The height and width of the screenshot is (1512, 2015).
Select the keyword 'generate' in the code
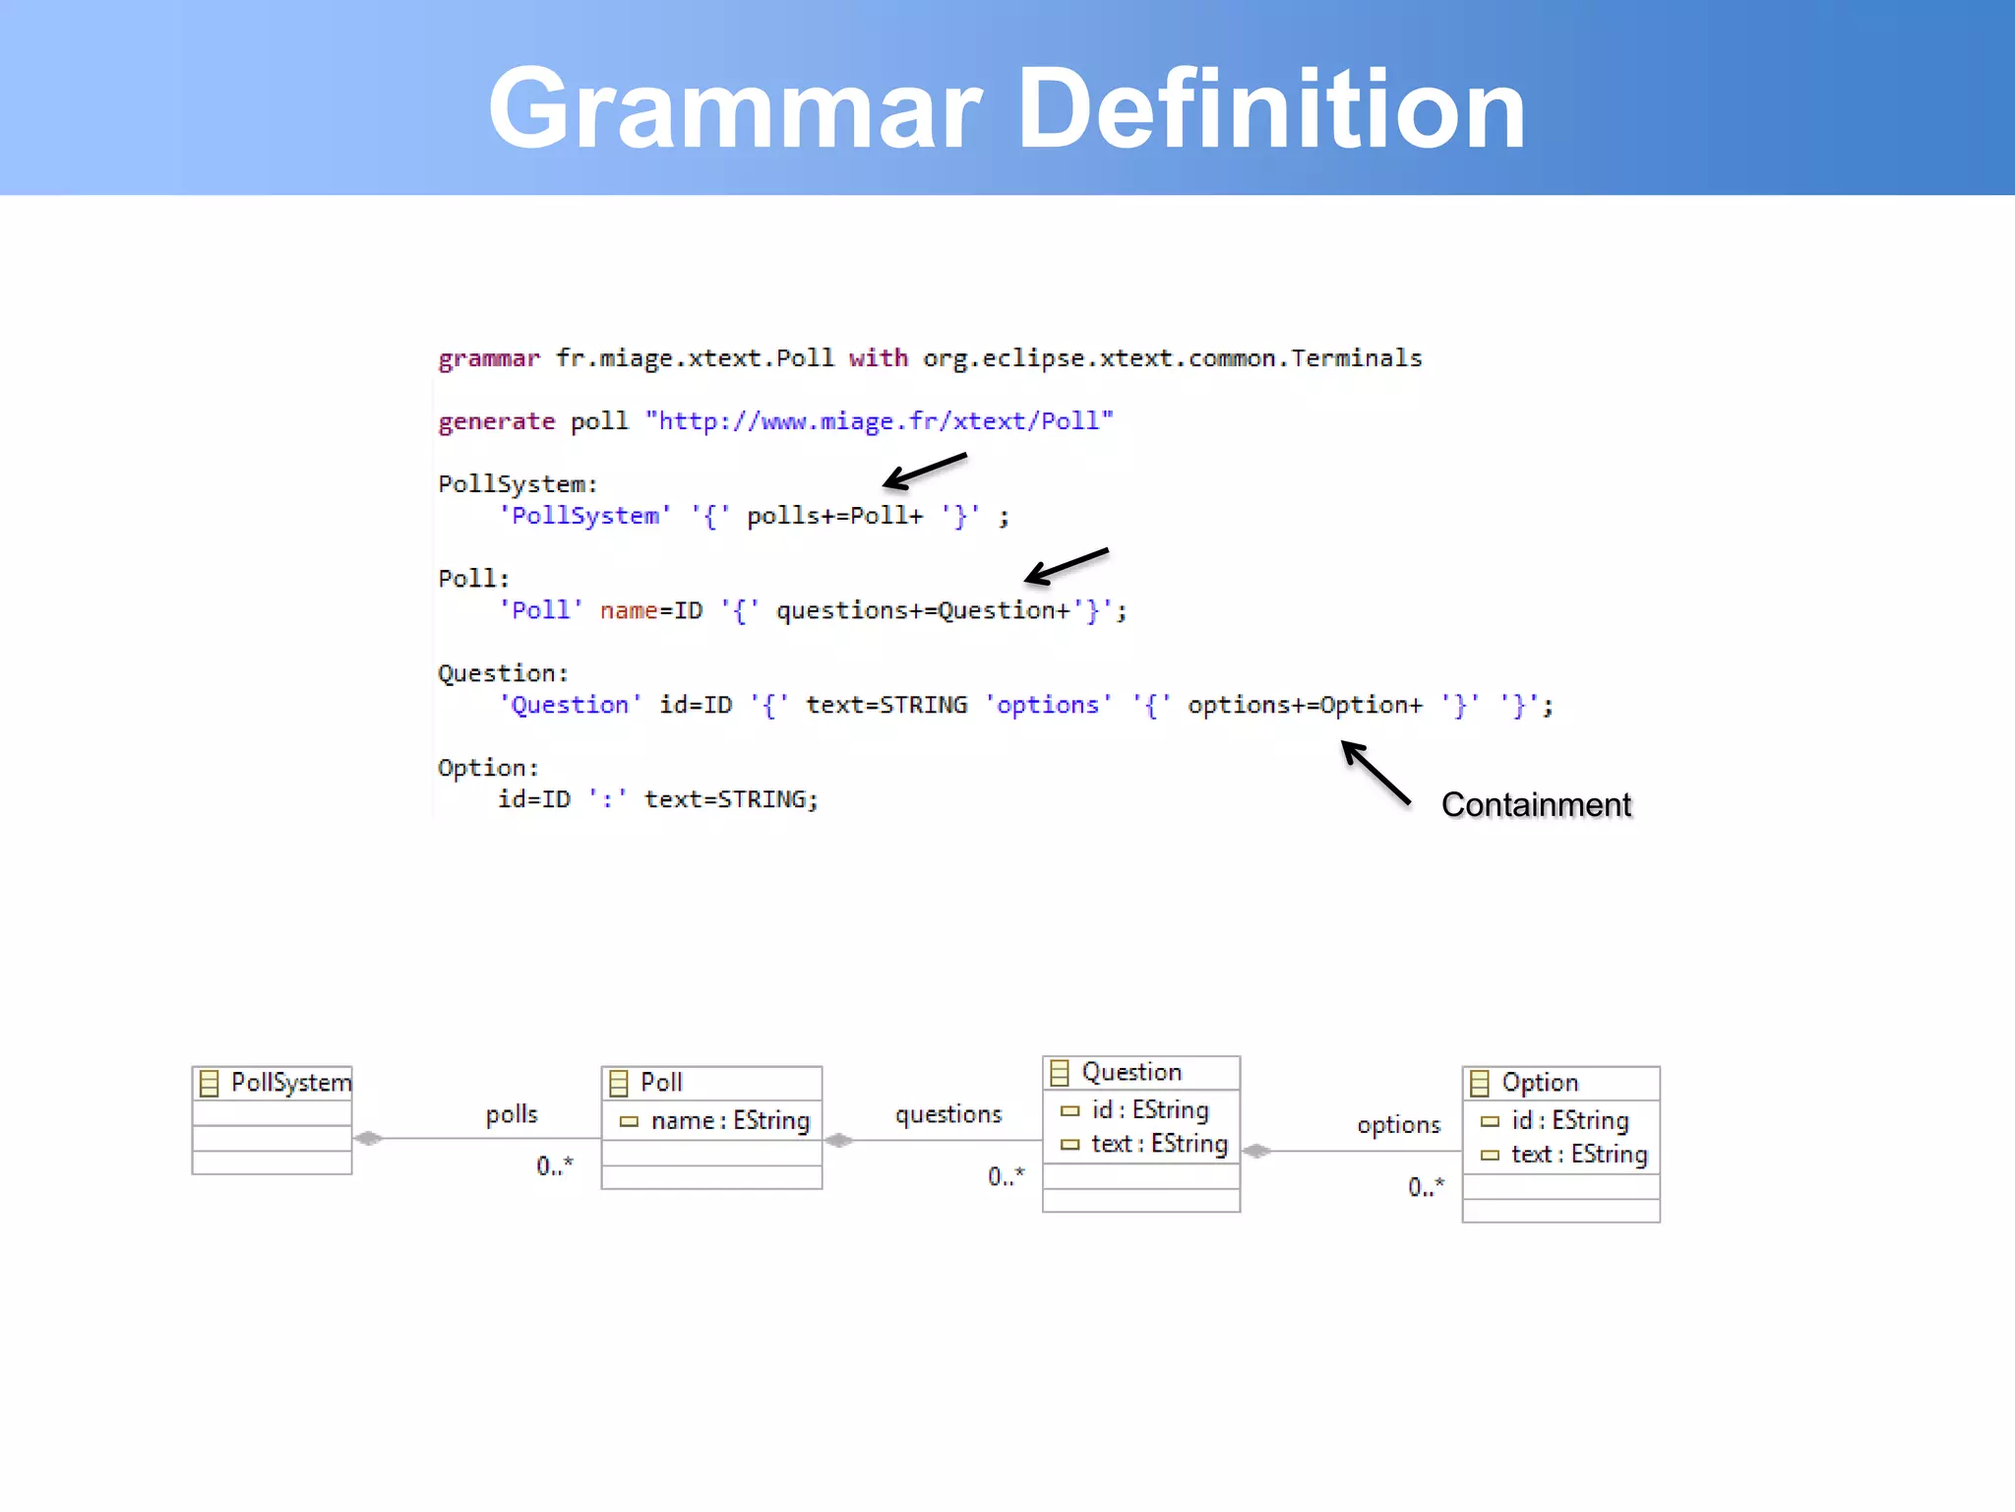pos(496,421)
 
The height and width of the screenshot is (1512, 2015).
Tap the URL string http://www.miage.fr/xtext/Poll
pos(879,421)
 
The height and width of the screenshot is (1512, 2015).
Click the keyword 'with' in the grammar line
pos(878,358)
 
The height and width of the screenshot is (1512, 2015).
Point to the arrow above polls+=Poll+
pos(924,471)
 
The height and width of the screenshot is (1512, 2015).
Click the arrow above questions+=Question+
pos(1066,565)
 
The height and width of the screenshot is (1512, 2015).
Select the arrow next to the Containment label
pos(1375,773)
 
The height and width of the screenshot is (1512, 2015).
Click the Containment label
pos(1536,805)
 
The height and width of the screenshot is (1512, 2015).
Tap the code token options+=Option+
pos(1305,705)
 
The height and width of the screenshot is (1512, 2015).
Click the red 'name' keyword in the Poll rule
pos(628,610)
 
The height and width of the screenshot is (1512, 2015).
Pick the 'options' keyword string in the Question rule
pos(1048,705)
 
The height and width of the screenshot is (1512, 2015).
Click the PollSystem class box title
pos(290,1083)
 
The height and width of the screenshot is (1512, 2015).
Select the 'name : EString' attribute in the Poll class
pos(729,1120)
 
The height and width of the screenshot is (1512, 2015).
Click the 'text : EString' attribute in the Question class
pos(1158,1144)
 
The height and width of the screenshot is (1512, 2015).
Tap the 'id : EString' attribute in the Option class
pos(1569,1120)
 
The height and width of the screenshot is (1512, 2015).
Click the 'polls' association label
pos(512,1114)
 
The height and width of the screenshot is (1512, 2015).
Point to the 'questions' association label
pos(948,1114)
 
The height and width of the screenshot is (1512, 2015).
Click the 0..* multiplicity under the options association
pos(1426,1186)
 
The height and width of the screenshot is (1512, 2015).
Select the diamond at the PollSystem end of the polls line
pos(368,1138)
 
